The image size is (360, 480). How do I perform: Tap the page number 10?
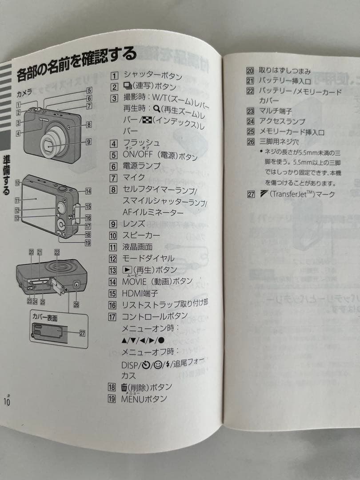[x=7, y=400]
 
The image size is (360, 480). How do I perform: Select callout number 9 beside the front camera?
[x=88, y=142]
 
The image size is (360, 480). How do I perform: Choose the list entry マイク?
[x=134, y=177]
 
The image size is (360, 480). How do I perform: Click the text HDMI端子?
[x=140, y=293]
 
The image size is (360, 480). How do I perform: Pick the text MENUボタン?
[x=144, y=398]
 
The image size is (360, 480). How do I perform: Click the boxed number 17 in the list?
[x=112, y=316]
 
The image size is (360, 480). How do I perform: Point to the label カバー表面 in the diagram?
[x=45, y=318]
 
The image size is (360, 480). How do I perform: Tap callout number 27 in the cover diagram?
[x=82, y=334]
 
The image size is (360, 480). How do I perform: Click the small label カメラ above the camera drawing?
[x=24, y=94]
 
